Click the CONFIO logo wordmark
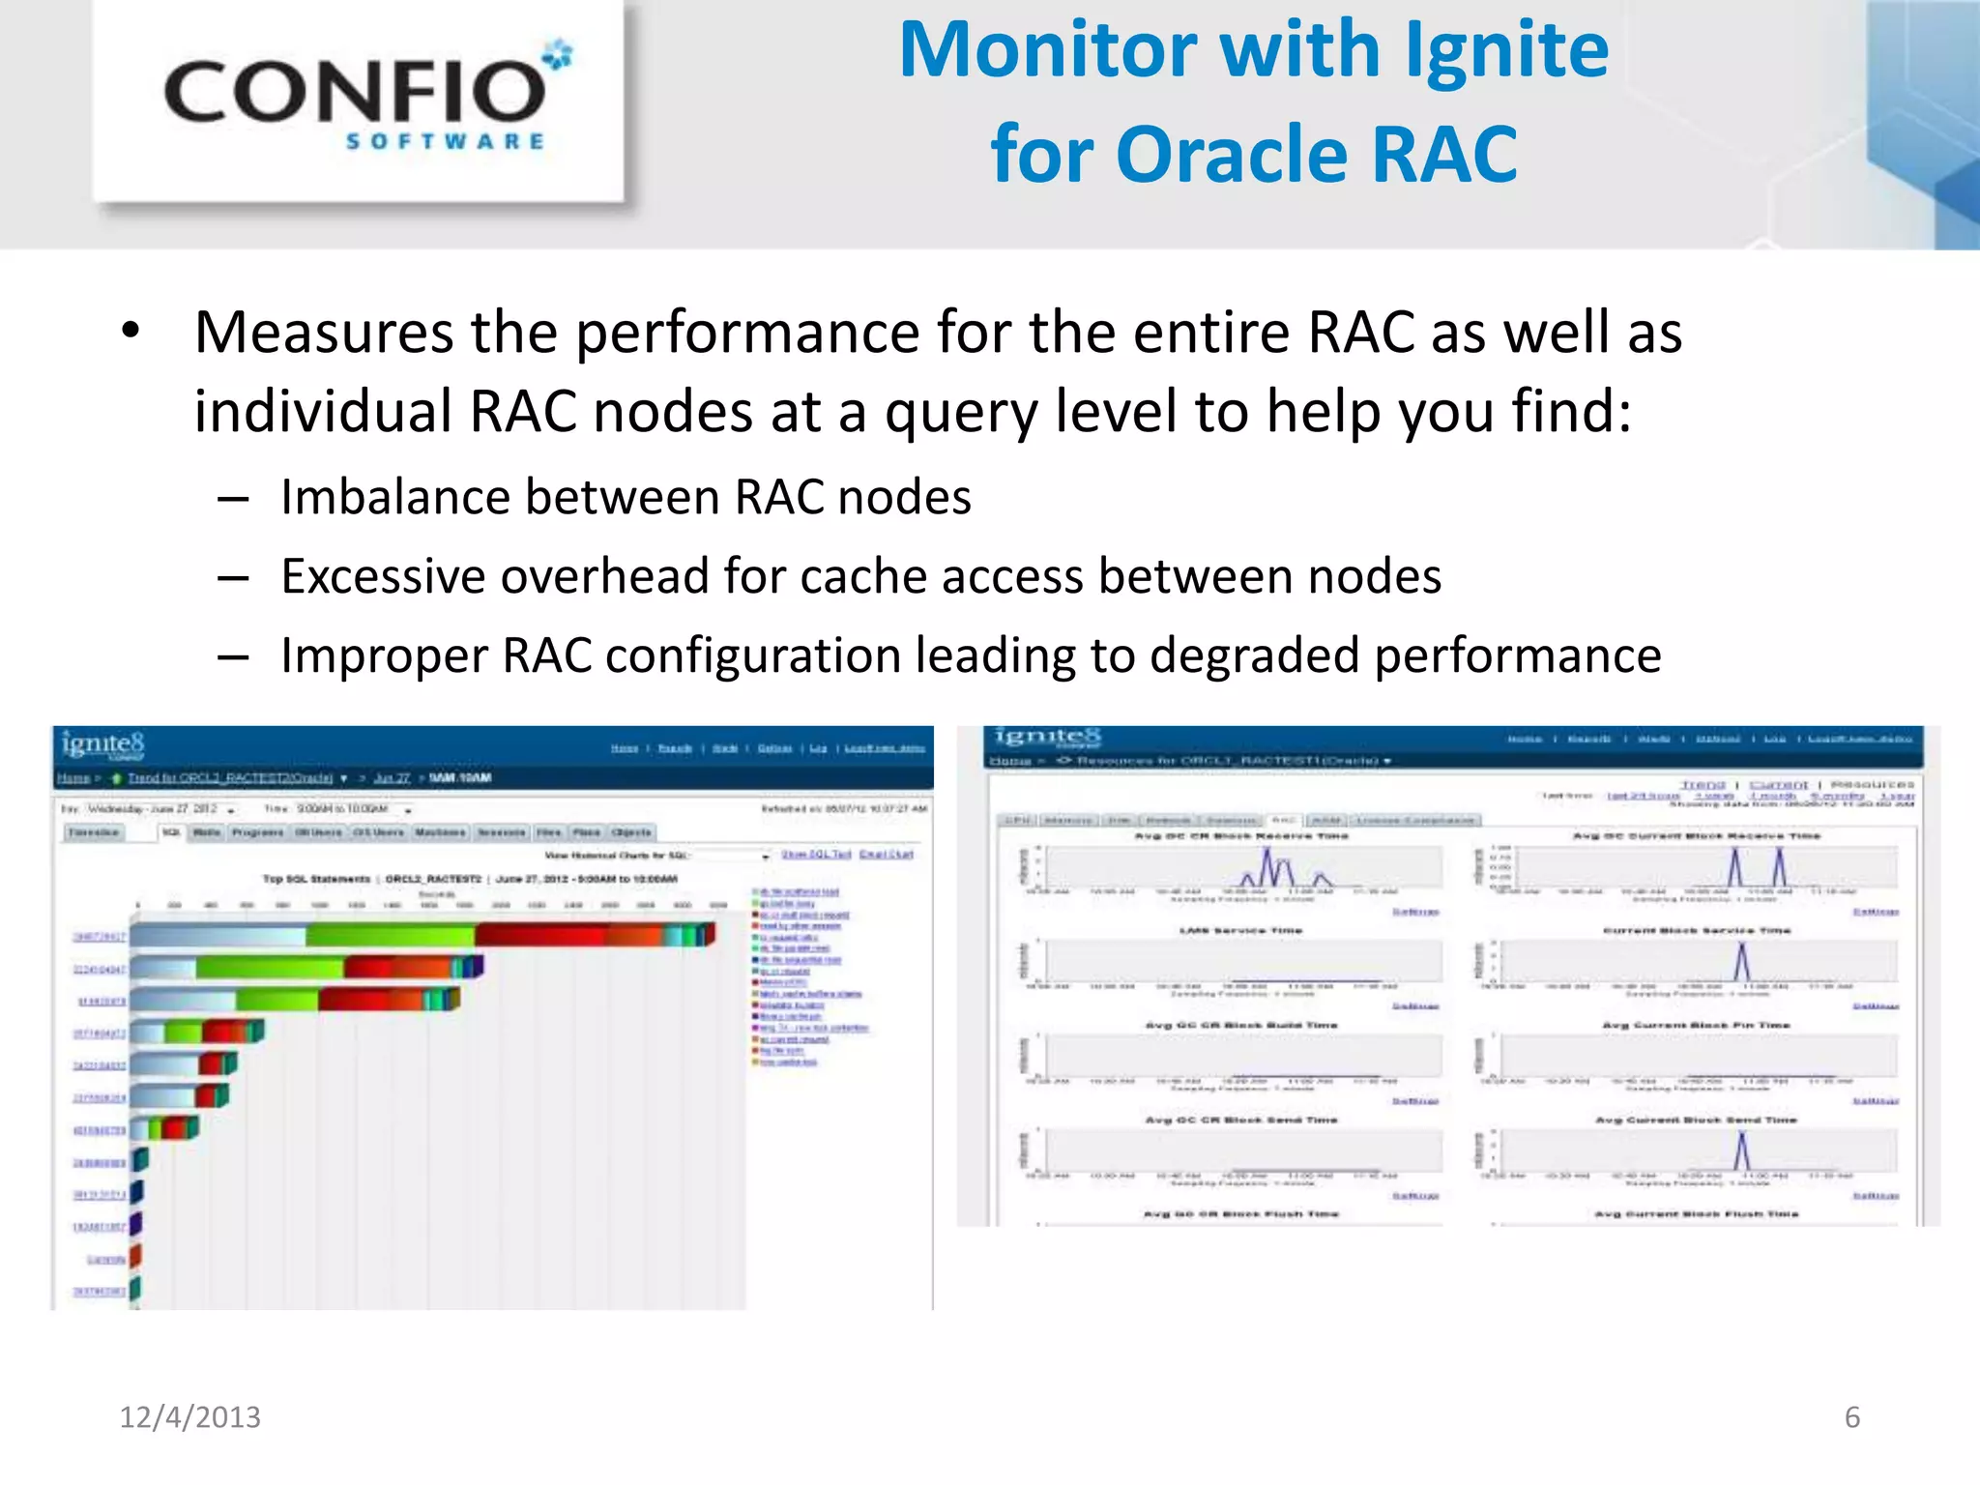(356, 92)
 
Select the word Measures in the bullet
(323, 334)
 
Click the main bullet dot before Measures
(131, 331)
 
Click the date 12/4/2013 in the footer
(189, 1416)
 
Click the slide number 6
(1851, 1416)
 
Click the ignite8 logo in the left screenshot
(102, 743)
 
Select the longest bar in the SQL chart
(422, 934)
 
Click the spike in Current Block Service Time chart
(1742, 962)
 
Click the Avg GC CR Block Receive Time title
(1240, 835)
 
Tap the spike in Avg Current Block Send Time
(1742, 1151)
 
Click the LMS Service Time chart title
(1240, 930)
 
